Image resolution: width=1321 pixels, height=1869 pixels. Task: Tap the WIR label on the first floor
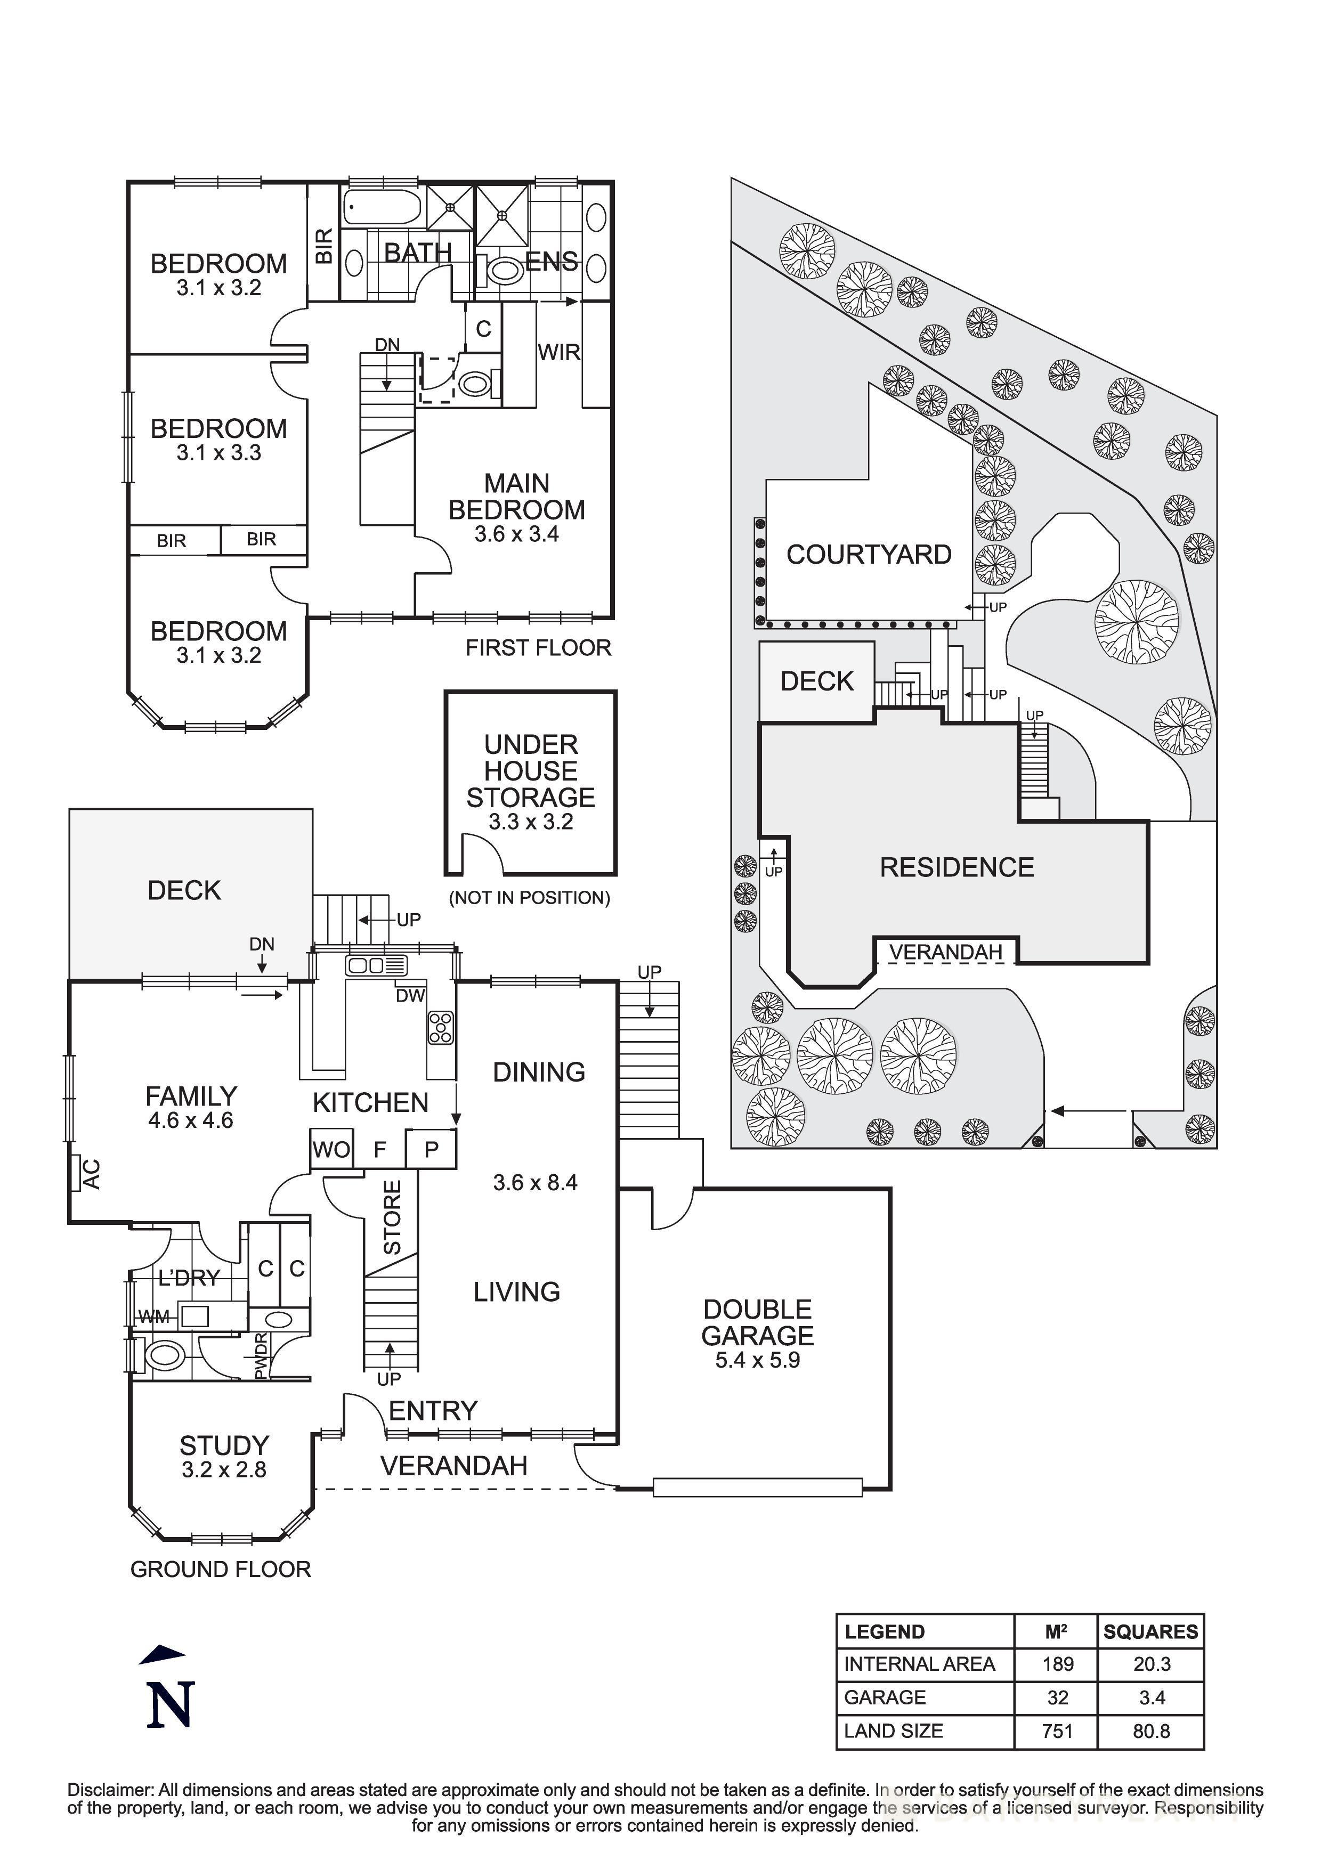pyautogui.click(x=558, y=353)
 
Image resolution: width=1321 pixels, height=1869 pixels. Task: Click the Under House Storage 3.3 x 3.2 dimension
pyautogui.click(x=531, y=822)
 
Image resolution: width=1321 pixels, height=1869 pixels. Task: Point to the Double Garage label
pyautogui.click(x=757, y=1323)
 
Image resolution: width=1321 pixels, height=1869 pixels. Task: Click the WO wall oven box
pyautogui.click(x=331, y=1149)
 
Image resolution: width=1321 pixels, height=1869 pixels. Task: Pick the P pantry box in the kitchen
pyautogui.click(x=432, y=1149)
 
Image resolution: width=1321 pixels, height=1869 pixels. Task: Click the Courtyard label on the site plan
pyautogui.click(x=869, y=554)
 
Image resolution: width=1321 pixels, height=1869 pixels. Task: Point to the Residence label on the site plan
pyautogui.click(x=957, y=867)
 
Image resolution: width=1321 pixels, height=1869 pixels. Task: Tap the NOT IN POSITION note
pyautogui.click(x=529, y=898)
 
